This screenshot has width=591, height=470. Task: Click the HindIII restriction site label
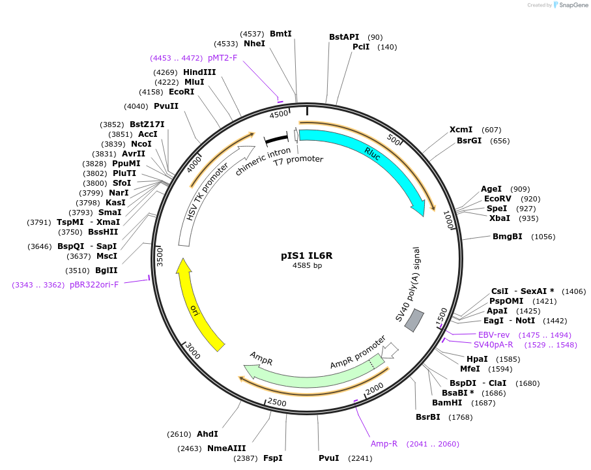tap(199, 72)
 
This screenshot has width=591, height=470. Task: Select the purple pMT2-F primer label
tap(222, 58)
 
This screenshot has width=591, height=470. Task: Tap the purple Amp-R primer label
tap(384, 444)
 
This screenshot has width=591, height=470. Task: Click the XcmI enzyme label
tap(461, 130)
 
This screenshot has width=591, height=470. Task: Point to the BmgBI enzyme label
tap(508, 236)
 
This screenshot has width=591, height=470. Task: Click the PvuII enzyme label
tap(166, 106)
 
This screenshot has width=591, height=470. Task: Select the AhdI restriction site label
tap(207, 433)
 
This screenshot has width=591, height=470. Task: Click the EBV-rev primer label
tap(494, 334)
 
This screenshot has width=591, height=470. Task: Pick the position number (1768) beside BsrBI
tap(461, 417)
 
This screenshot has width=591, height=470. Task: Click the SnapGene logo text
tap(572, 5)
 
